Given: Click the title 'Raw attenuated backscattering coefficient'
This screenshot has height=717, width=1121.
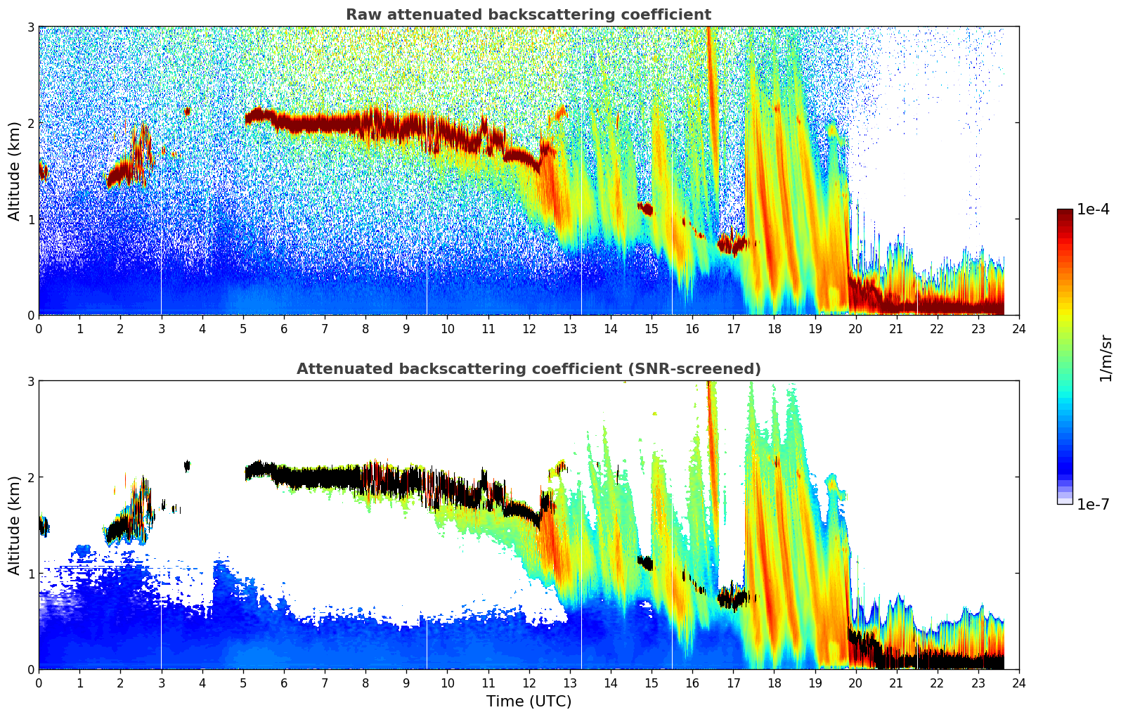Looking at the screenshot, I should [528, 15].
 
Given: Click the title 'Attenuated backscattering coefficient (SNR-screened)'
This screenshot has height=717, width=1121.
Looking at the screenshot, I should [528, 369].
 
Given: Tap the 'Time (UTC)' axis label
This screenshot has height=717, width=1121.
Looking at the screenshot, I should [529, 702].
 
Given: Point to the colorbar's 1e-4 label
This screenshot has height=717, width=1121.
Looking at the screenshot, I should [1094, 209].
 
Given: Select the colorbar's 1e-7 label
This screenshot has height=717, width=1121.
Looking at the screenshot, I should [1094, 504].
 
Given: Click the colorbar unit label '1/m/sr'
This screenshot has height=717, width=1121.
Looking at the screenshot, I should [1106, 358].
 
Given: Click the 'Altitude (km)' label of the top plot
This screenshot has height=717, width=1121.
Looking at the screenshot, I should [14, 171].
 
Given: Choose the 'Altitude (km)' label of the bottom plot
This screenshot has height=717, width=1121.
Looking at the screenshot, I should [14, 525].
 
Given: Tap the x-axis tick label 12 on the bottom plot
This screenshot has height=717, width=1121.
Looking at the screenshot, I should [529, 683].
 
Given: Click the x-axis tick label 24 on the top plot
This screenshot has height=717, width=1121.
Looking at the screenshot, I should [1018, 329].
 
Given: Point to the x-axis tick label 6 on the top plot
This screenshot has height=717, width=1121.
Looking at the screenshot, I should [284, 329].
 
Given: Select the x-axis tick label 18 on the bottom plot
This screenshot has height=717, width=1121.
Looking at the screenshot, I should [774, 683].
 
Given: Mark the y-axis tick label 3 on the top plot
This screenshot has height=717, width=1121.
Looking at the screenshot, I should [31, 27].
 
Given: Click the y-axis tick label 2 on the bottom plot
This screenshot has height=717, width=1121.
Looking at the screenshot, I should [31, 477].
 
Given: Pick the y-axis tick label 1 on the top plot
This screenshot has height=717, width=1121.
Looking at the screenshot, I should [31, 219].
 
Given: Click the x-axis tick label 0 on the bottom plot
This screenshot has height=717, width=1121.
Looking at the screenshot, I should [39, 683].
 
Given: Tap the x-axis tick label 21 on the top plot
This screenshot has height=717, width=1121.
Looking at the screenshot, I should [896, 329].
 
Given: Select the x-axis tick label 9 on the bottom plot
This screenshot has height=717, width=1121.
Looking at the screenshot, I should [406, 683].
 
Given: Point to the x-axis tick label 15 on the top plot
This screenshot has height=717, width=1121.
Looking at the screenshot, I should [652, 329].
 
